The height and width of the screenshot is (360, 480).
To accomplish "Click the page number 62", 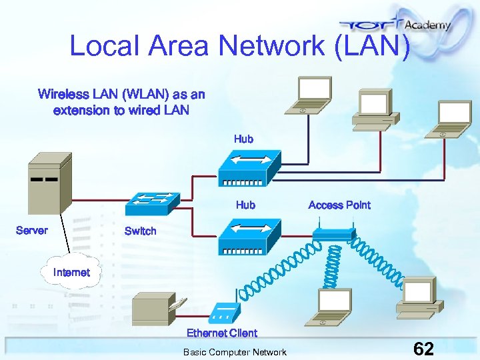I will point(424,349).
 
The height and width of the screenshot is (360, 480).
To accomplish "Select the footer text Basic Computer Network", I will point(235,352).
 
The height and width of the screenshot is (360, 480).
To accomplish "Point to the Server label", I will point(32,230).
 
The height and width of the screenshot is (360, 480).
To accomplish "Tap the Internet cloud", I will point(72,271).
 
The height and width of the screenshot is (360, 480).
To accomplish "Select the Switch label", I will point(141,231).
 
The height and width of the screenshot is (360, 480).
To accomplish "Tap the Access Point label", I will point(339,205).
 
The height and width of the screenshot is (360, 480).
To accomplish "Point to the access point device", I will point(333,234).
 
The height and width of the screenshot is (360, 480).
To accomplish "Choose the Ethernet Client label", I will point(222,333).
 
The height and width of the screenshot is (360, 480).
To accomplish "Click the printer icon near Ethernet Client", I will point(153,309).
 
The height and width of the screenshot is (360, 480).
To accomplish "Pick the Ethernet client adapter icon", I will point(224,313).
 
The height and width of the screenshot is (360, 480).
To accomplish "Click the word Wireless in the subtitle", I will point(63,94).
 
